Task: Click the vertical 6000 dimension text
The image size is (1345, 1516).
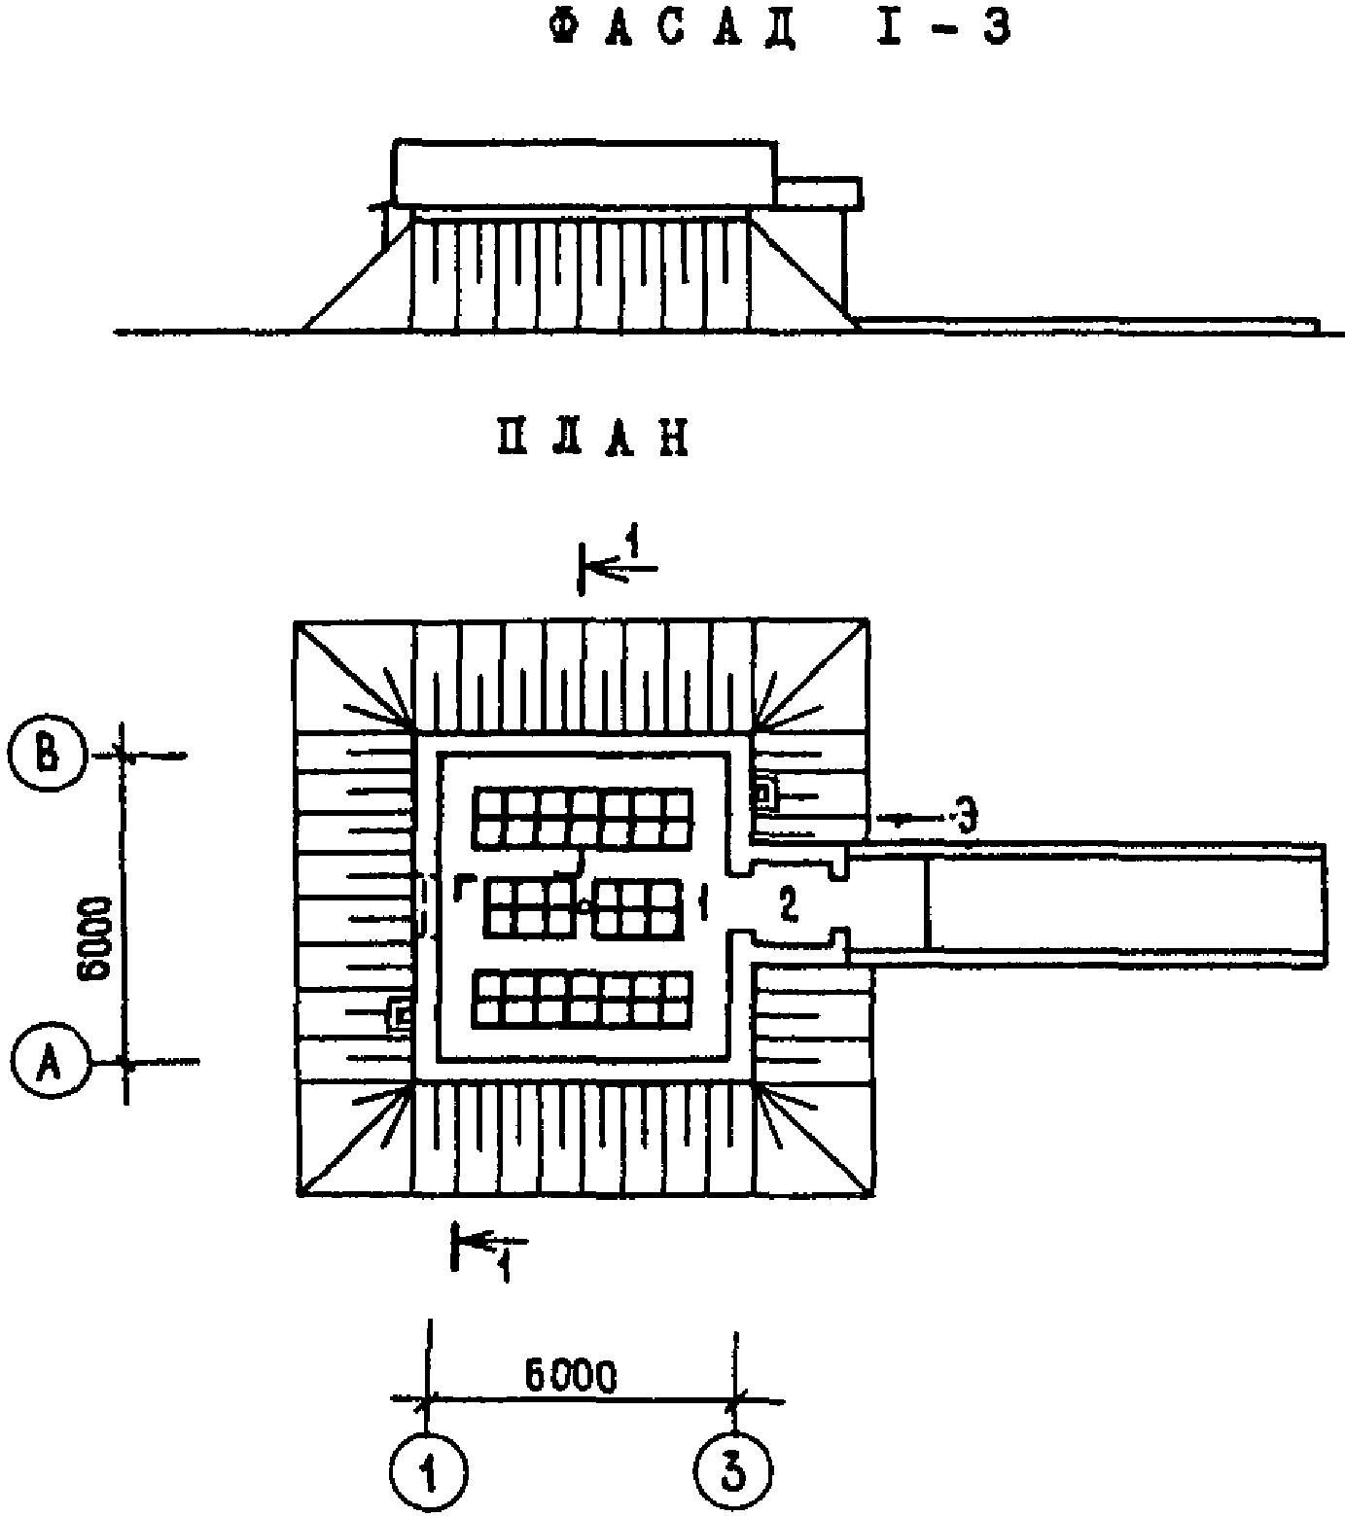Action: [98, 941]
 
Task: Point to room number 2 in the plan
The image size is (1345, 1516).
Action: [788, 904]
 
